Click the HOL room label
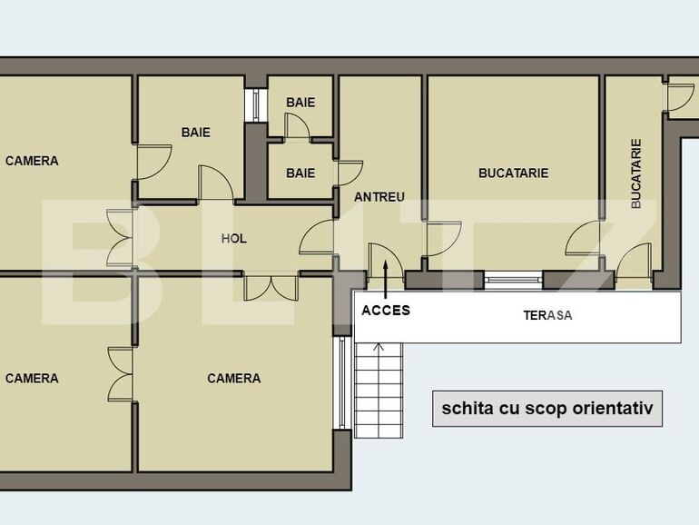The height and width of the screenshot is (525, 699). [x=234, y=239]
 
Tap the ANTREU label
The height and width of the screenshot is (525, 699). [x=379, y=196]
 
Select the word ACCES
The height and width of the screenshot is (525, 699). [x=386, y=310]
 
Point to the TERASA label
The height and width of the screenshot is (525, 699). [x=547, y=316]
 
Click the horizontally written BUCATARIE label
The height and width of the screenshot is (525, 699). [x=514, y=173]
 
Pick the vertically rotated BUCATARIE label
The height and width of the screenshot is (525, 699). [x=636, y=173]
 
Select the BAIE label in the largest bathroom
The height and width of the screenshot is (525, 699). [x=195, y=132]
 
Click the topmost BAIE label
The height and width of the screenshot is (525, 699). [x=300, y=102]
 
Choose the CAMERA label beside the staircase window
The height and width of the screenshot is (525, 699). [x=233, y=378]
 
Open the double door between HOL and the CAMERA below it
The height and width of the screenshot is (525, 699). [x=271, y=287]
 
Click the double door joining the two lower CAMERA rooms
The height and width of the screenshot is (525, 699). [x=121, y=373]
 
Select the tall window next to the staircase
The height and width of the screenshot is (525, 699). [x=343, y=382]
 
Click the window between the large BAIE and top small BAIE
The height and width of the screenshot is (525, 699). [x=256, y=104]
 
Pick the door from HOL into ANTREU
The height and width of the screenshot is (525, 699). [x=319, y=238]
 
